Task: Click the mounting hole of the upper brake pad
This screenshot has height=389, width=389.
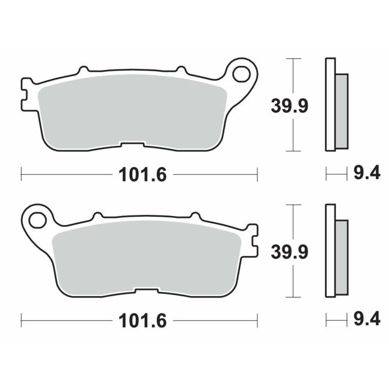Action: point(242,74)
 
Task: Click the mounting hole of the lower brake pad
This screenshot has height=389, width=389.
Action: point(37,220)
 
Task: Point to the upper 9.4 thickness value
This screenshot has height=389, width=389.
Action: point(366,174)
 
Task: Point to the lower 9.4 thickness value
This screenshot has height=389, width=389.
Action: point(366,320)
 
